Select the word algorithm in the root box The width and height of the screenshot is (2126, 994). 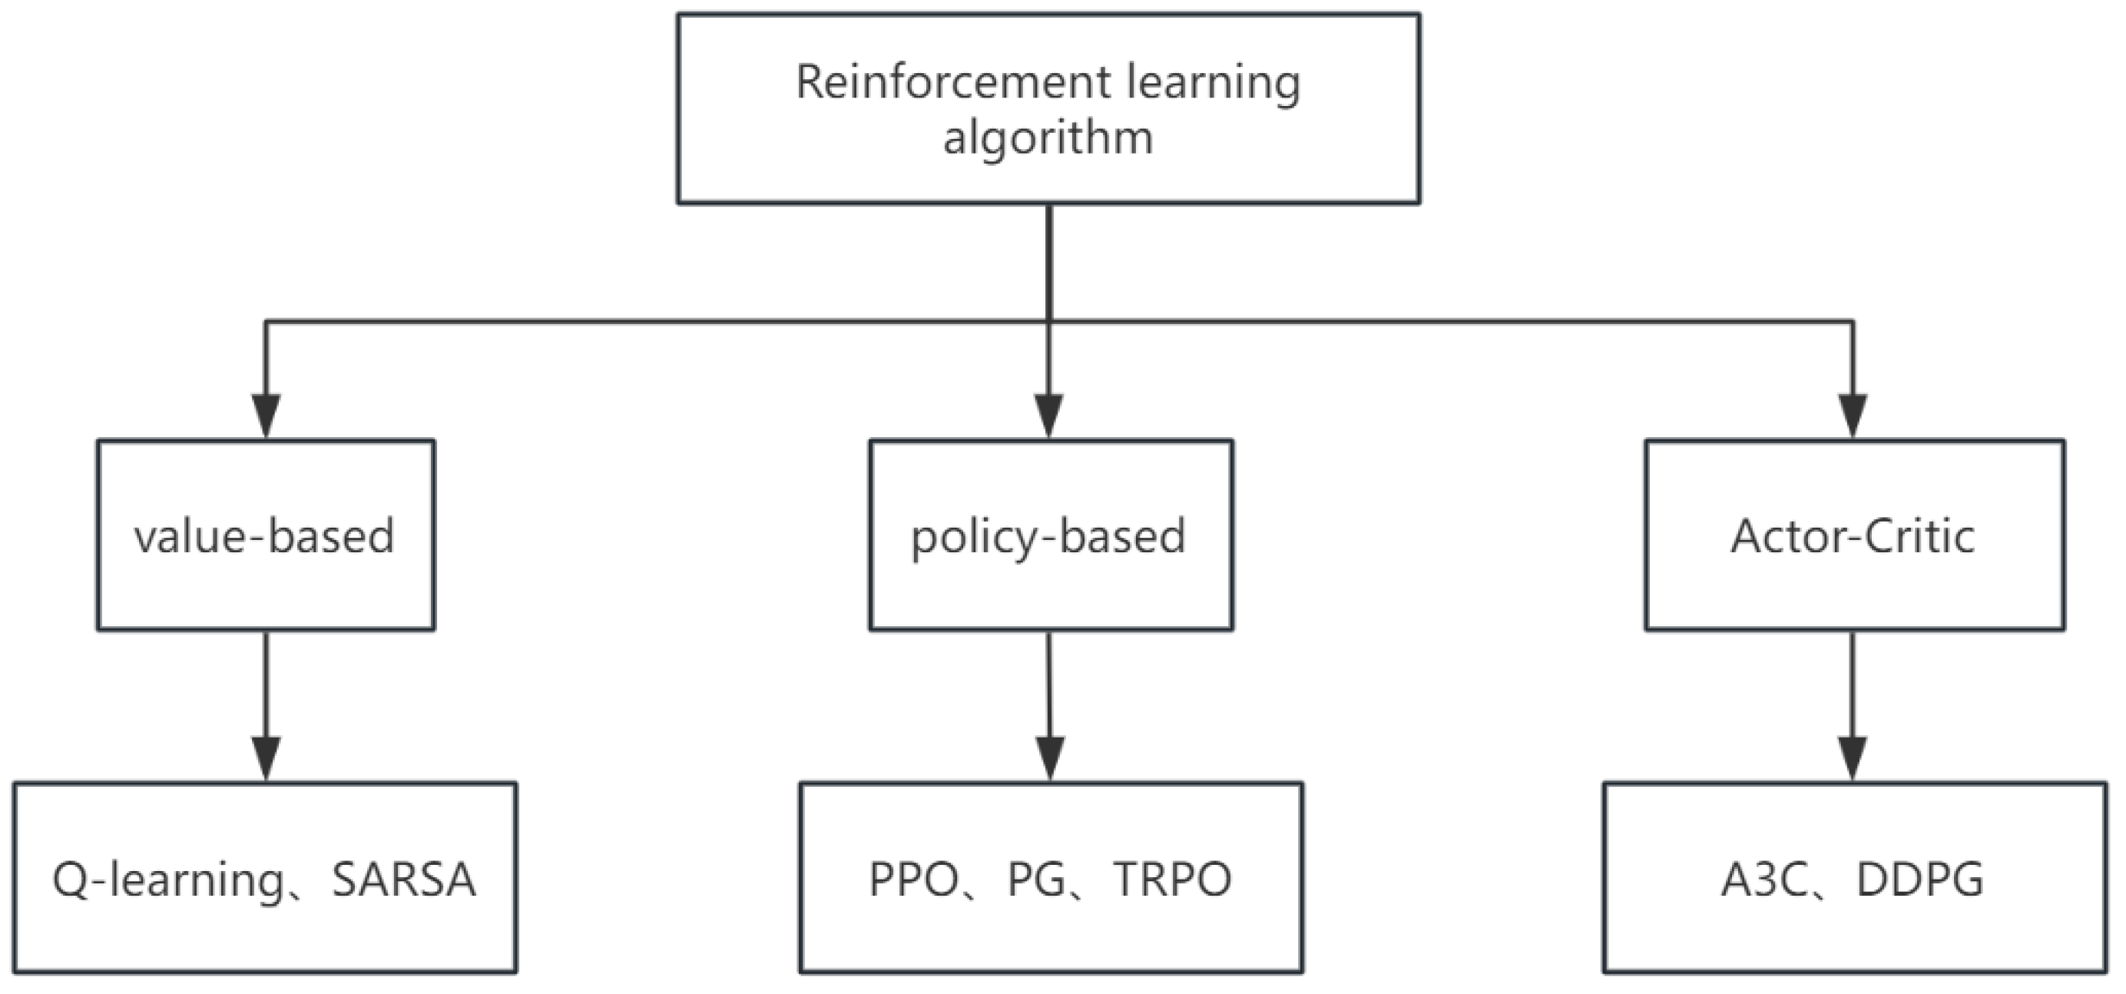[x=1048, y=138]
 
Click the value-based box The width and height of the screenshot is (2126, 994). [x=266, y=535]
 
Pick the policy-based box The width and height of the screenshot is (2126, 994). [x=1051, y=535]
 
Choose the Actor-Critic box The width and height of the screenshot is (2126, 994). [x=1853, y=535]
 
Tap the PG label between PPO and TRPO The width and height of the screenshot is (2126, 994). [x=1037, y=880]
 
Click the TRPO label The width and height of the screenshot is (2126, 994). [x=1172, y=880]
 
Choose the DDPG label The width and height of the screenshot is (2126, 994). [x=1919, y=880]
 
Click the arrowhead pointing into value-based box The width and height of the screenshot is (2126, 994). [x=266, y=416]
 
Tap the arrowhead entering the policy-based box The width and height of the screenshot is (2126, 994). [x=1049, y=416]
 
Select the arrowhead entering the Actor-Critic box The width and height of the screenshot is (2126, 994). [x=1853, y=416]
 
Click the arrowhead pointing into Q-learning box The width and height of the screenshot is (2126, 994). [x=266, y=758]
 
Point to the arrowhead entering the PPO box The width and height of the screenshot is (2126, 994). [x=1050, y=758]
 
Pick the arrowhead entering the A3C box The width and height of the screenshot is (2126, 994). [x=1853, y=758]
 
